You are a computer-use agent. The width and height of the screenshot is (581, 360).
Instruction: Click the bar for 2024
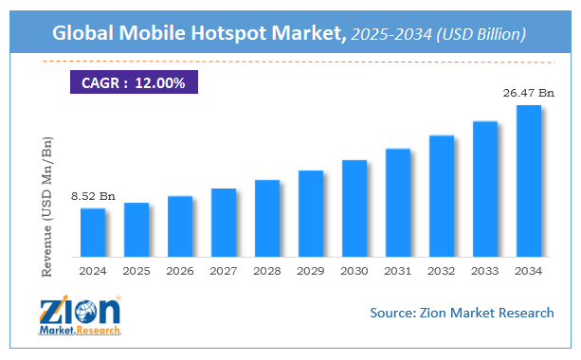93,232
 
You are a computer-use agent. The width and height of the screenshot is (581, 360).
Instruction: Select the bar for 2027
224,223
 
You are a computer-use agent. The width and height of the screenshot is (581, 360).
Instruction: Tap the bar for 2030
354,208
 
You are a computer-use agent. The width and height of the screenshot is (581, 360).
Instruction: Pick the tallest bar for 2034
529,181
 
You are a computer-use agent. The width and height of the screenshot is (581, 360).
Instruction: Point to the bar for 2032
442,196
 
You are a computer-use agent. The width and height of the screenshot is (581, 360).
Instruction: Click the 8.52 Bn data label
92,196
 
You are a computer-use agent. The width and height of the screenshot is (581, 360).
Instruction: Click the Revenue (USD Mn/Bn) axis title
47,207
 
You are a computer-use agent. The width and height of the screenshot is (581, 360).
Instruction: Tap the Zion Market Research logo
80,316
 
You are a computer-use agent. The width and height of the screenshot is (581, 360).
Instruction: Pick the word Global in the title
83,33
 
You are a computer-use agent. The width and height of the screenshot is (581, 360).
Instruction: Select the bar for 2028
267,218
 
